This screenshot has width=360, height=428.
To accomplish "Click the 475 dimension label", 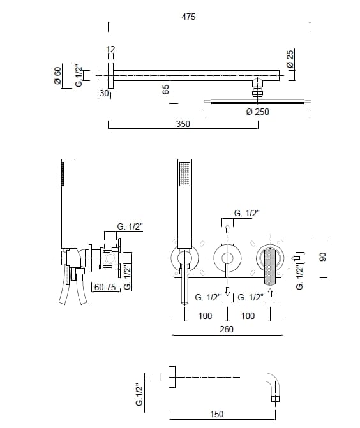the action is tap(188, 17).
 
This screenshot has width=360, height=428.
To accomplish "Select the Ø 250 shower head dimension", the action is tap(257, 112).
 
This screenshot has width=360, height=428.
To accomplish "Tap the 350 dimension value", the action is tap(183, 124).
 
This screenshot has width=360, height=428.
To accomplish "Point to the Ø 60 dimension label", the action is tap(57, 76).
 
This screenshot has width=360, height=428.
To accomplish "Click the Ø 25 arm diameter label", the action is tap(290, 59).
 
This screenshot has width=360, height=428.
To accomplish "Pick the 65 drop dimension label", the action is tap(165, 89).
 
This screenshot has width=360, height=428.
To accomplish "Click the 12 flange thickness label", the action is tap(110, 49).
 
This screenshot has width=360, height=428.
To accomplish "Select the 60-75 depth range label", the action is tap(105, 287).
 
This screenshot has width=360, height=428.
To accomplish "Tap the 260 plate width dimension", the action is tap(227, 329).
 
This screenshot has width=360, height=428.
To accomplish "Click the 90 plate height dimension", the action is tap(322, 257).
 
